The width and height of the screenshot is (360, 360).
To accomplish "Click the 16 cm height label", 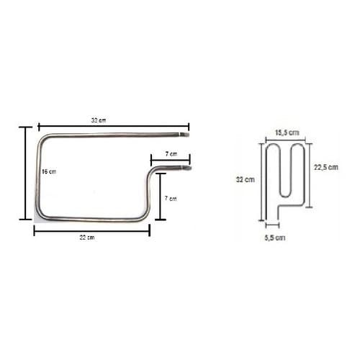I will [48, 172].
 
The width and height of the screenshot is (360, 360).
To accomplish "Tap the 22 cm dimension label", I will [91, 238].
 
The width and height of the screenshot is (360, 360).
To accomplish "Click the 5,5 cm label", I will [275, 237].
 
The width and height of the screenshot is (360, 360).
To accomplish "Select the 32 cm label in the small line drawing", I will [244, 179].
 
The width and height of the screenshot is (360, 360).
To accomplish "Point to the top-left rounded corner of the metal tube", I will [43, 140].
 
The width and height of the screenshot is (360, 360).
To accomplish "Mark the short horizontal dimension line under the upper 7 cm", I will [170, 162].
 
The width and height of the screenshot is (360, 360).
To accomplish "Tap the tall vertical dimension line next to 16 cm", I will [28, 173].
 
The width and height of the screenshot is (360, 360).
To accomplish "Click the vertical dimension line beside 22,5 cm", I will [310, 175].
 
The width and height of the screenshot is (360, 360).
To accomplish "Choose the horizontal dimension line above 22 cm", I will [91, 230].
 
